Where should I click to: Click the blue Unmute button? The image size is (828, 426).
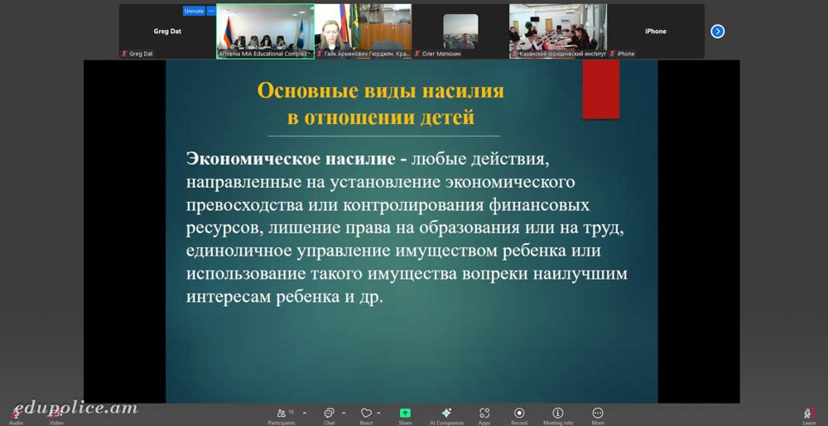[194, 11]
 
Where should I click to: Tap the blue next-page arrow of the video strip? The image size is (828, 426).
[717, 31]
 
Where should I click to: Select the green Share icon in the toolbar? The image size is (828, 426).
[405, 413]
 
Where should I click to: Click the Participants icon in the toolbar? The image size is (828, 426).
[282, 413]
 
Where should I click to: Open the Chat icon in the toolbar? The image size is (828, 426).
[330, 413]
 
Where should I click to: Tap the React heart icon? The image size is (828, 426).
[366, 413]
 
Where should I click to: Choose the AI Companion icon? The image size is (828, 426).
[446, 413]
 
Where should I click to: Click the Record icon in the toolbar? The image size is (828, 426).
[519, 413]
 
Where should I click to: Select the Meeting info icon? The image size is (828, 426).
[557, 413]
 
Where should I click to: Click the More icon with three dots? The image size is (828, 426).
[598, 413]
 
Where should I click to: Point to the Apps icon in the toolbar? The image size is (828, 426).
[484, 413]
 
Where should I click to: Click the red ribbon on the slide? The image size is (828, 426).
[601, 89]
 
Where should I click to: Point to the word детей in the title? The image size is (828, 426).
[447, 117]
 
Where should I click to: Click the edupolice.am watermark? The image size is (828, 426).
[75, 409]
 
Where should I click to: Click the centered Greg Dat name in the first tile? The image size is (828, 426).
[167, 31]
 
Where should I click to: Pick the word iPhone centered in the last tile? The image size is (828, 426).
[655, 31]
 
